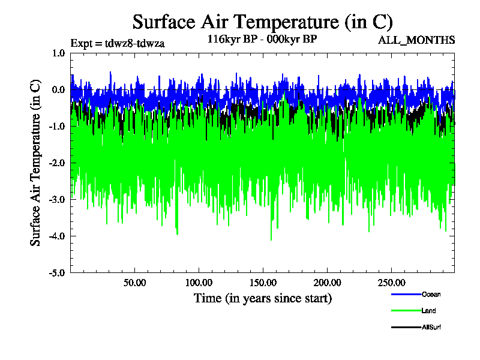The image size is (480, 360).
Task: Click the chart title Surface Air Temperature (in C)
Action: [x=262, y=22]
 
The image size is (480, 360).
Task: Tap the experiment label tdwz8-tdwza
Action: [x=118, y=43]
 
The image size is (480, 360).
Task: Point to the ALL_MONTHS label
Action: [x=416, y=40]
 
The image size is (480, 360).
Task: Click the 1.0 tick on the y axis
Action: [x=58, y=53]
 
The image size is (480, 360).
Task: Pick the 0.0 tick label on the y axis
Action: [x=58, y=90]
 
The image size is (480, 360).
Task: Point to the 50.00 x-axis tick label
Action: [x=135, y=283]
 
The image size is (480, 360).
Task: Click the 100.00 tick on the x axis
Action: [x=199, y=283]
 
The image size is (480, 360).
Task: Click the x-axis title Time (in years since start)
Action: [x=262, y=298]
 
